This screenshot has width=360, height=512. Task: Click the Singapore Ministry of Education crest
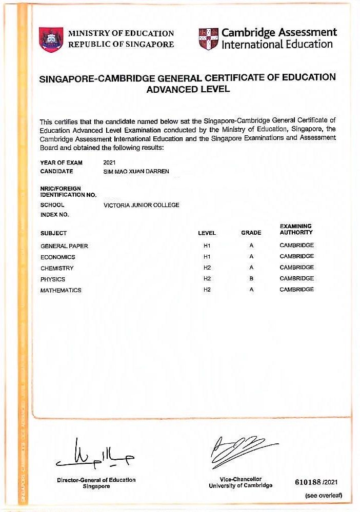51,39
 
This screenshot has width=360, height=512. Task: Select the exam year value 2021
110,162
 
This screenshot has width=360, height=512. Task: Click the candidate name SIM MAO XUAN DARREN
136,171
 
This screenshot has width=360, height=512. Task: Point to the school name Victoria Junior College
141,205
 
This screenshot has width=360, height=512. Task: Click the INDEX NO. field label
54,214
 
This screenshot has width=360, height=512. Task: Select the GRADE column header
251,233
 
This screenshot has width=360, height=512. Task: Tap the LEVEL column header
207,233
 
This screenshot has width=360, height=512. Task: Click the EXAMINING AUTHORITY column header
296,229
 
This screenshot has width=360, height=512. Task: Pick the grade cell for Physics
251,279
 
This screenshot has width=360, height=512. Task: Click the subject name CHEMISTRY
57,268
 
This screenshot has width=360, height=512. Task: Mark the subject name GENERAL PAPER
64,246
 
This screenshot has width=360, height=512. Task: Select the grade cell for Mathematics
251,290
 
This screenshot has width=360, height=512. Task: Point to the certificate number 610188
308,483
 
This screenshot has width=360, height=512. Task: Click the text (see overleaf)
323,496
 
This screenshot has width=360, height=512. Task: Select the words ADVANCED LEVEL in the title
188,89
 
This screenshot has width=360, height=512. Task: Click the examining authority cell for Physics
296,278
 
